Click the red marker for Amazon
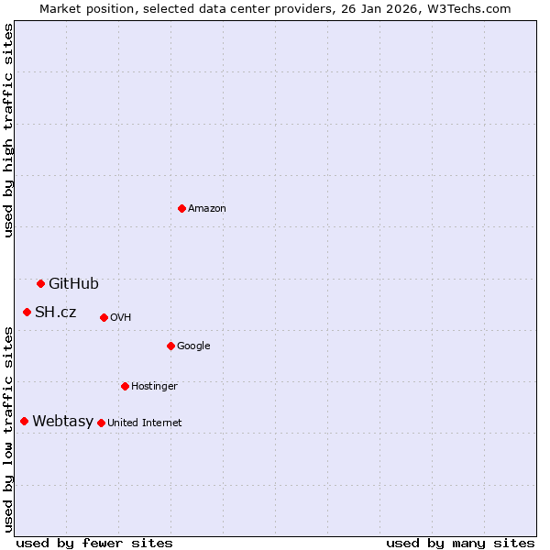pos(181,208)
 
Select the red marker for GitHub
pos(40,283)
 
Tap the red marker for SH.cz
pos(27,312)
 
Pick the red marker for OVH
pos(104,317)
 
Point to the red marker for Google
pos(170,346)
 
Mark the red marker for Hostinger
pos(125,386)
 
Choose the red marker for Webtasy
pos(24,421)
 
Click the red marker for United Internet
pos(101,423)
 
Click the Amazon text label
pos(207,209)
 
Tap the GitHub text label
pos(73,284)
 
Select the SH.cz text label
pos(55,313)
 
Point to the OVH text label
pos(121,318)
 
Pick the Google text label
pos(193,346)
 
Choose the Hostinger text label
pos(154,387)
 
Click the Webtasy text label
pos(62,422)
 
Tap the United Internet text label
pos(145,423)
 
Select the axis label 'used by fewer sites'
pos(94,543)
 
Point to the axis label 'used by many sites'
pos(460,543)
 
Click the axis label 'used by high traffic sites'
pos(8,130)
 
